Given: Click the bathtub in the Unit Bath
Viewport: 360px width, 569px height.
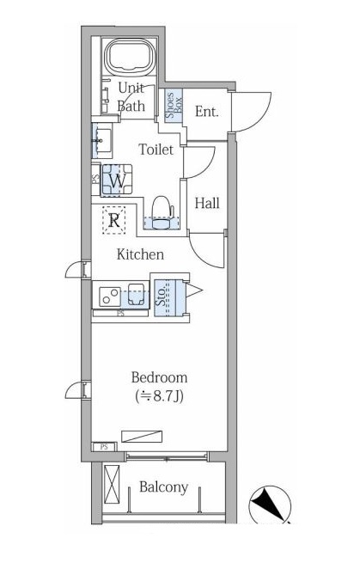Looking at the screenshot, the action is coord(131,57).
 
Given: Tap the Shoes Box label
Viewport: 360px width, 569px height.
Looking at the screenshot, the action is coord(174,105).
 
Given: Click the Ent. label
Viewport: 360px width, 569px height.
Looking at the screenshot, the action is coord(206,112).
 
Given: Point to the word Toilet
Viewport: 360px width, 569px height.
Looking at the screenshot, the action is coord(156,150).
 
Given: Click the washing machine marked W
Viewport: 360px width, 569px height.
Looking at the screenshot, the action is coord(116,180).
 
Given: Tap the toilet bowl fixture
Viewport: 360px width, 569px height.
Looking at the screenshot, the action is coord(162,213).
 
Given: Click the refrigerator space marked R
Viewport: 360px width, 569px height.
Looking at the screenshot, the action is coord(114,220).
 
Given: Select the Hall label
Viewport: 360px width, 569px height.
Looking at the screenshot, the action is coord(207,203).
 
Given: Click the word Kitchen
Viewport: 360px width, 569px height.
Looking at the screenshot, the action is coord(140,254).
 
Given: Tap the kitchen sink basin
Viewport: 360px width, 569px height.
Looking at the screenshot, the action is coord(136,294).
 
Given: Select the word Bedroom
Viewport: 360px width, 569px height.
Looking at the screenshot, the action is coord(159,377).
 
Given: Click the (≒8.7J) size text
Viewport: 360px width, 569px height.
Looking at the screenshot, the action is coord(159,396).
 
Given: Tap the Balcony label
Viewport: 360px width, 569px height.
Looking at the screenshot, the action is coord(163,487).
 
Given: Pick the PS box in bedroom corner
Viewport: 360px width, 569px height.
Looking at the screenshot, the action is coord(104,447).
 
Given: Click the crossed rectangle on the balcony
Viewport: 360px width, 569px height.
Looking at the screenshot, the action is coord(112,484).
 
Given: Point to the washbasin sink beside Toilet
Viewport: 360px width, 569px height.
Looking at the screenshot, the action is coord(101,140).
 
